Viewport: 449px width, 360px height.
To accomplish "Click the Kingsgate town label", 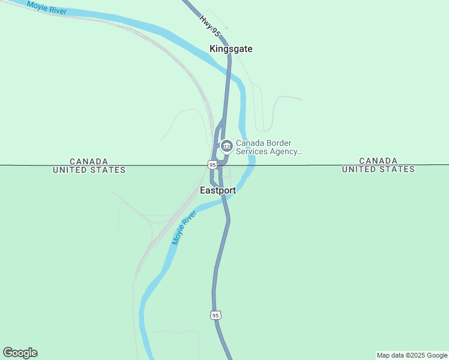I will [x=231, y=49].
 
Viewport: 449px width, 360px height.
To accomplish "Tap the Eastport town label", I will [x=218, y=191].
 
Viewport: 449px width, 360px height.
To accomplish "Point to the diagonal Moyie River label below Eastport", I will [x=185, y=228].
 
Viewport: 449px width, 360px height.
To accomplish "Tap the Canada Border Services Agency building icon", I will [x=226, y=146].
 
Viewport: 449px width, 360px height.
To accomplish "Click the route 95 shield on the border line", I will [x=212, y=164].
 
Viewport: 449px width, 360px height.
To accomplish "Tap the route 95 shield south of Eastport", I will [x=216, y=315].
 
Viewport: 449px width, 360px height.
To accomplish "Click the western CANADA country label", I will [x=89, y=161].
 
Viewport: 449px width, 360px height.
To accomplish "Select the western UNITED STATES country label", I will [x=89, y=170].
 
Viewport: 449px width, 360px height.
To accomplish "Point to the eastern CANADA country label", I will [x=378, y=161].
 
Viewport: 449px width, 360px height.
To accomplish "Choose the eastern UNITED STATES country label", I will [x=378, y=169].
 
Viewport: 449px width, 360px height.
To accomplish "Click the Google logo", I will [x=20, y=353].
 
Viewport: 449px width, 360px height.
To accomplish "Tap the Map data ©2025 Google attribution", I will [x=412, y=355].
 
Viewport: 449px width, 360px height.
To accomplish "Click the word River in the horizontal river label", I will [x=58, y=10].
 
